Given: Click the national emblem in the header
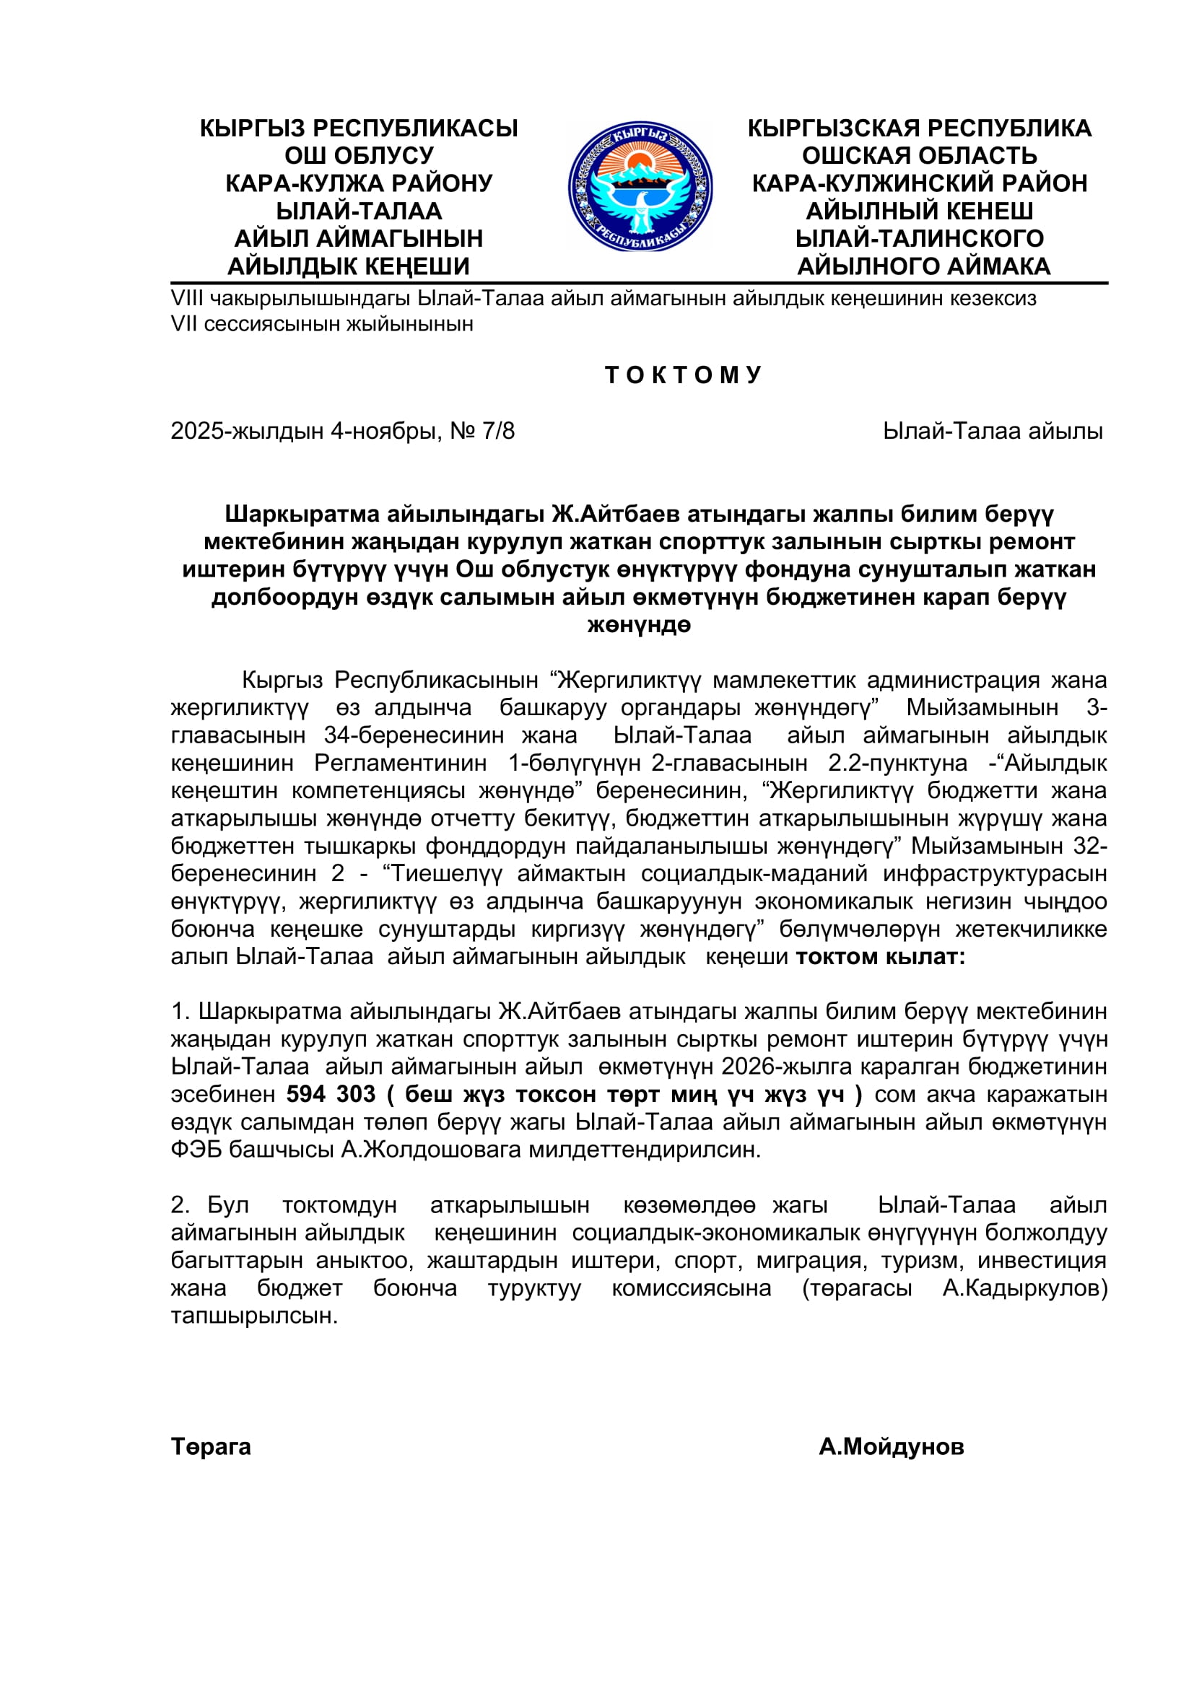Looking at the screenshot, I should [x=640, y=187].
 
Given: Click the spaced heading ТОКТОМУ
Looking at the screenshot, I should [x=682, y=375].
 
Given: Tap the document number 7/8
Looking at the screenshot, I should [x=499, y=431].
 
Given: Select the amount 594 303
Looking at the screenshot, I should [x=331, y=1094].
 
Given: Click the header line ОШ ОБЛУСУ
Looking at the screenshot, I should [x=359, y=156].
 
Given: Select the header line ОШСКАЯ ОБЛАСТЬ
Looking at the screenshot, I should [x=919, y=156].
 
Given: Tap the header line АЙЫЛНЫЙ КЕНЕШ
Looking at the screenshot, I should [x=919, y=211].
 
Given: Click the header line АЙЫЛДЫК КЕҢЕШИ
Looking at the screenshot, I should [x=349, y=266].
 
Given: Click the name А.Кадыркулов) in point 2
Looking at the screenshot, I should [x=1025, y=1288].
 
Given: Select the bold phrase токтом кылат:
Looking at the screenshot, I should [x=881, y=956].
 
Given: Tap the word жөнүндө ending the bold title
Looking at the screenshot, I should [x=639, y=625].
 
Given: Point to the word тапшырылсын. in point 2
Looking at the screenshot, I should [x=254, y=1316].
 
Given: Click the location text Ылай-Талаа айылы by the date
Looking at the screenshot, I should [x=993, y=431].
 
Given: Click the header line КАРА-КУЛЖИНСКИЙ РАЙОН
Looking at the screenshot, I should [x=919, y=183].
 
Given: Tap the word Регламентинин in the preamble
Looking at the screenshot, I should [x=401, y=763].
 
